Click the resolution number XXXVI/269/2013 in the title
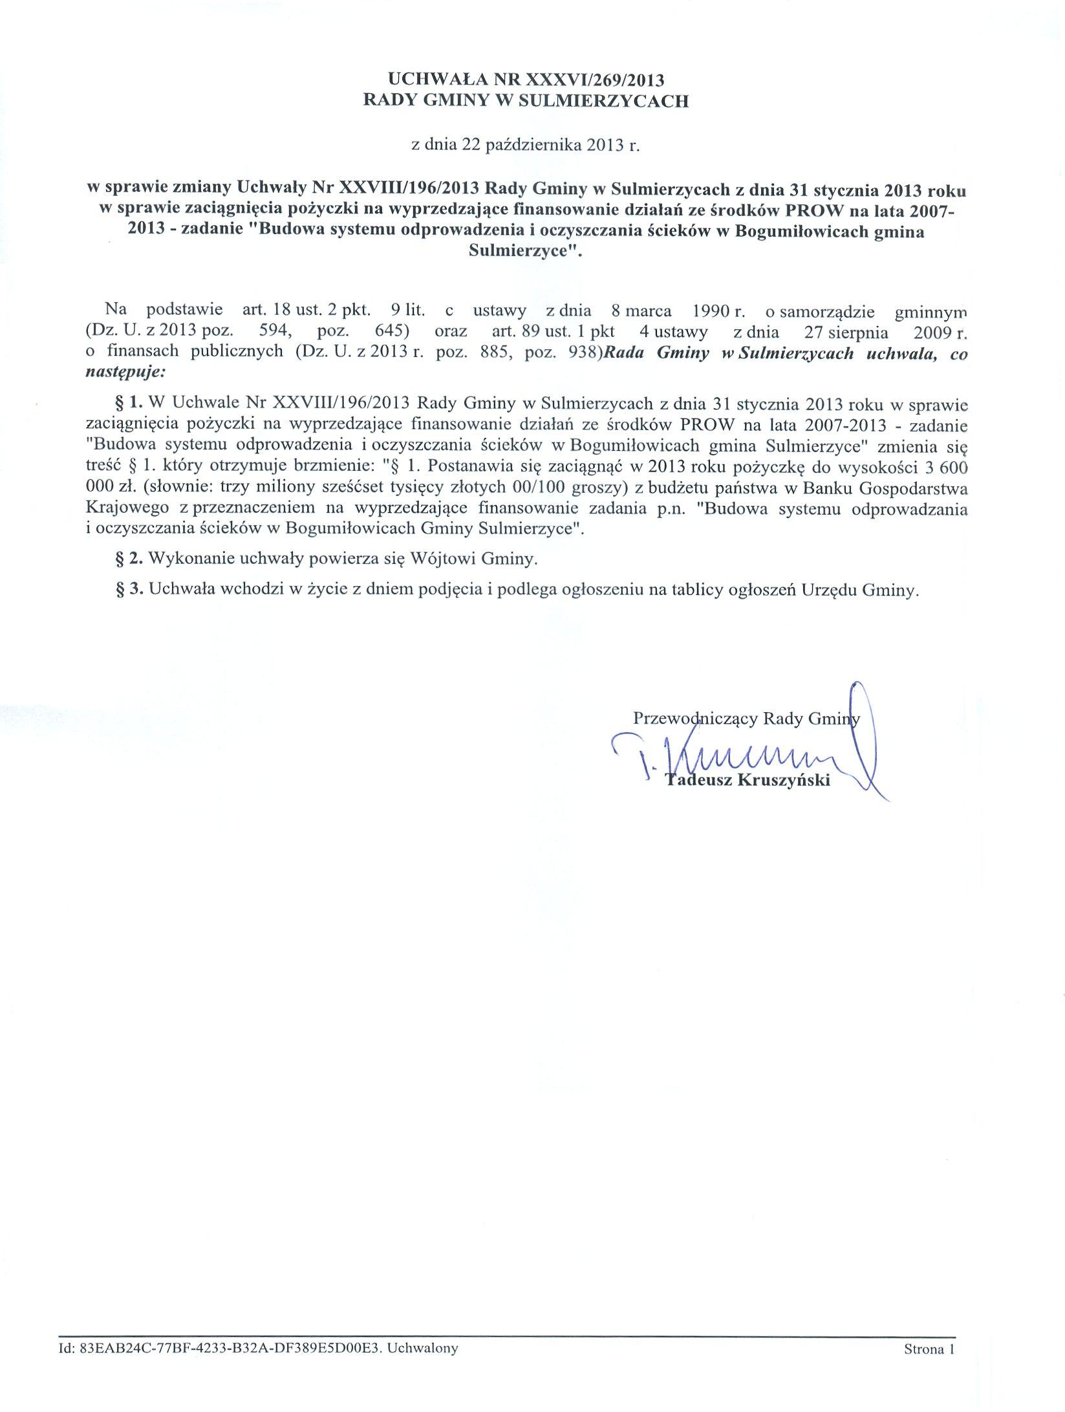click(596, 80)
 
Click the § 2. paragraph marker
click(128, 558)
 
